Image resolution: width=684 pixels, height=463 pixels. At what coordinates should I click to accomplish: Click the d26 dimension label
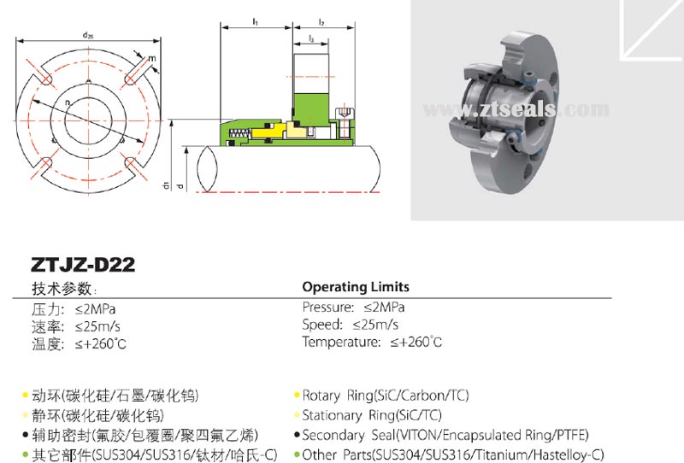88,35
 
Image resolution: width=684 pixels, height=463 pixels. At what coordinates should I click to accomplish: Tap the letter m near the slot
152,59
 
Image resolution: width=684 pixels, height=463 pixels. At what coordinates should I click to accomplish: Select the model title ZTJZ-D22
83,266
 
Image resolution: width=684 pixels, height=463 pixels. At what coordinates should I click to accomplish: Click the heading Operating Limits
356,287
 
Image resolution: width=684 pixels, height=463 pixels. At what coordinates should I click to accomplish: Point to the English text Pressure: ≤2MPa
354,307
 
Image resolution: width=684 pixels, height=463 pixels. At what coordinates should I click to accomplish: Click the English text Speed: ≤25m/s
350,325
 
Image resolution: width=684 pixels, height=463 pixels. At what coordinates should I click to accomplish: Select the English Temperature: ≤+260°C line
372,343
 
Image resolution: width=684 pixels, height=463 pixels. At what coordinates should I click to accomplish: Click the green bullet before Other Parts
296,455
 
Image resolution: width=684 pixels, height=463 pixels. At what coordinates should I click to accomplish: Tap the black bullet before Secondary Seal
296,436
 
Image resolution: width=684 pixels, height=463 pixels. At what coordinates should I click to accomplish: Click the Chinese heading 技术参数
63,289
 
